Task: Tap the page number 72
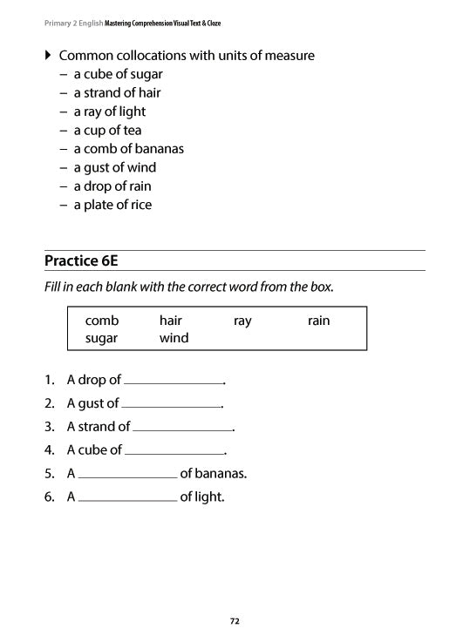pos(235,621)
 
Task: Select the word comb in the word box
pos(101,321)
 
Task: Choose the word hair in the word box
pos(171,321)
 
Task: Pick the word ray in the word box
pos(242,321)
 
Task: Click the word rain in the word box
pos(318,321)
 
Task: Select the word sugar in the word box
pos(101,338)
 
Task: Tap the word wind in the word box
pos(174,338)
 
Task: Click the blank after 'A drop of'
pos(174,380)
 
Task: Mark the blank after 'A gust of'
pos(171,403)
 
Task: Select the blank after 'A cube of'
pos(174,450)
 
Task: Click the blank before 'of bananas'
pos(127,474)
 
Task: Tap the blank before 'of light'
pos(127,497)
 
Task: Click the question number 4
pos(49,450)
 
